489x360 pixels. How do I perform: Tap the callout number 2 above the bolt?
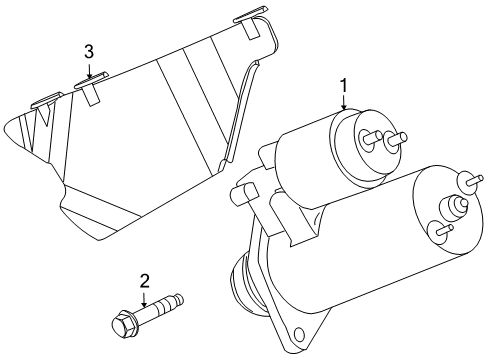(x=144, y=281)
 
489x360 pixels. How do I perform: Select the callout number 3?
(x=89, y=51)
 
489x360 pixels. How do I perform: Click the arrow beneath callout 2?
(x=144, y=297)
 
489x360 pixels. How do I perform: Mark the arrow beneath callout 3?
(x=89, y=68)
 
